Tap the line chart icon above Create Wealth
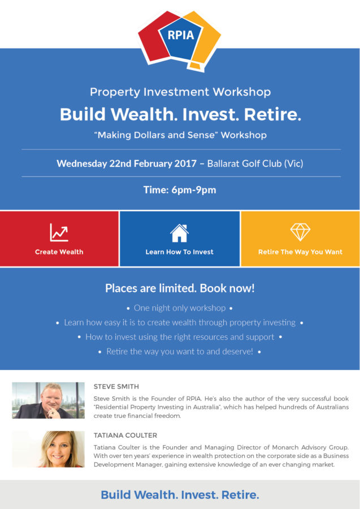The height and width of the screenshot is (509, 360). coord(59,232)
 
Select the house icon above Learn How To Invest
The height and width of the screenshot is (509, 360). coord(179,233)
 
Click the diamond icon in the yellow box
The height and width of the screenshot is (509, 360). coord(300,232)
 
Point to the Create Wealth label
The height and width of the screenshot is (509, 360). coord(59,252)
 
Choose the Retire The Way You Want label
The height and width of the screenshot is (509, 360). coord(300,252)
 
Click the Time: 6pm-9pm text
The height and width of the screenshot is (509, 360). coord(180,190)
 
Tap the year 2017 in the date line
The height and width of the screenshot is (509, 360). coord(185,163)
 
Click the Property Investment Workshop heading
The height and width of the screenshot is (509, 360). coord(180,92)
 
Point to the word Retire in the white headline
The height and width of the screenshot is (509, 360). coord(272,114)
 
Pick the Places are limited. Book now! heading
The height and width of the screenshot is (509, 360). coord(180,288)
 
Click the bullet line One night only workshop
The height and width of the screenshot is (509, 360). coord(180,308)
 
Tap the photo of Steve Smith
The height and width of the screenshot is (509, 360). coord(49,400)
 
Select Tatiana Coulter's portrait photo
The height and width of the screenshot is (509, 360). coord(49,449)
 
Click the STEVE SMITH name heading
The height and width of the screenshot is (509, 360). coord(116,387)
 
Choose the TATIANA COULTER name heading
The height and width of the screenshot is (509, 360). coord(125,435)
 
